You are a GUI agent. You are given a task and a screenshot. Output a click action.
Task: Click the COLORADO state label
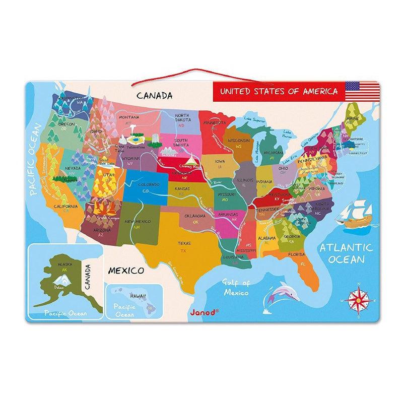click(x=150, y=185)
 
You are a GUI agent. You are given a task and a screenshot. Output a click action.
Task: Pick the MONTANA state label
click(x=129, y=117)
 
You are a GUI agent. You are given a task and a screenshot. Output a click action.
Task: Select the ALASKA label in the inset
click(x=65, y=264)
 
